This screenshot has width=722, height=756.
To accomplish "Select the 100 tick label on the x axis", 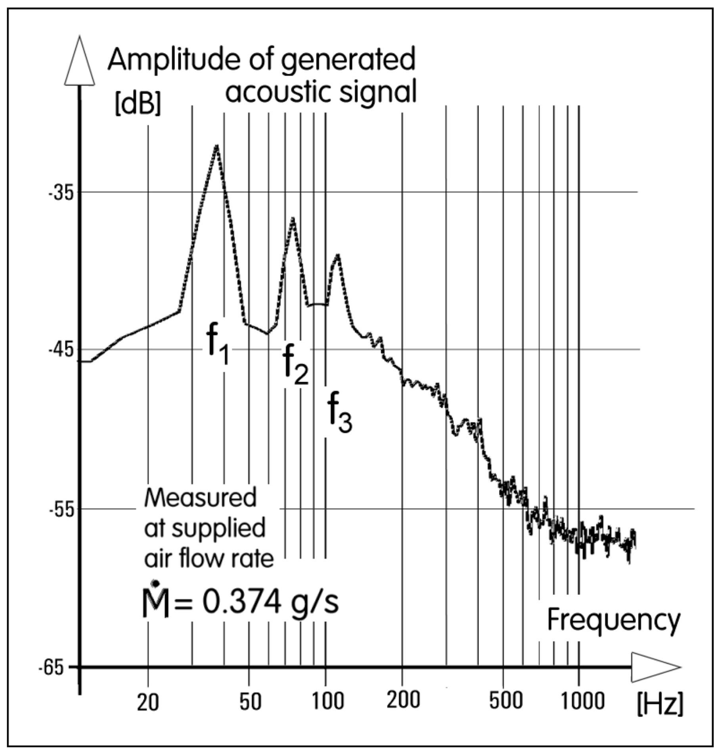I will click(x=327, y=700).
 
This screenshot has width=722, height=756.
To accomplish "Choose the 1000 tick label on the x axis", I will click(x=582, y=700).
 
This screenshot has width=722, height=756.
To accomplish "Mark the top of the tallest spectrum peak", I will click(x=216, y=145).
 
